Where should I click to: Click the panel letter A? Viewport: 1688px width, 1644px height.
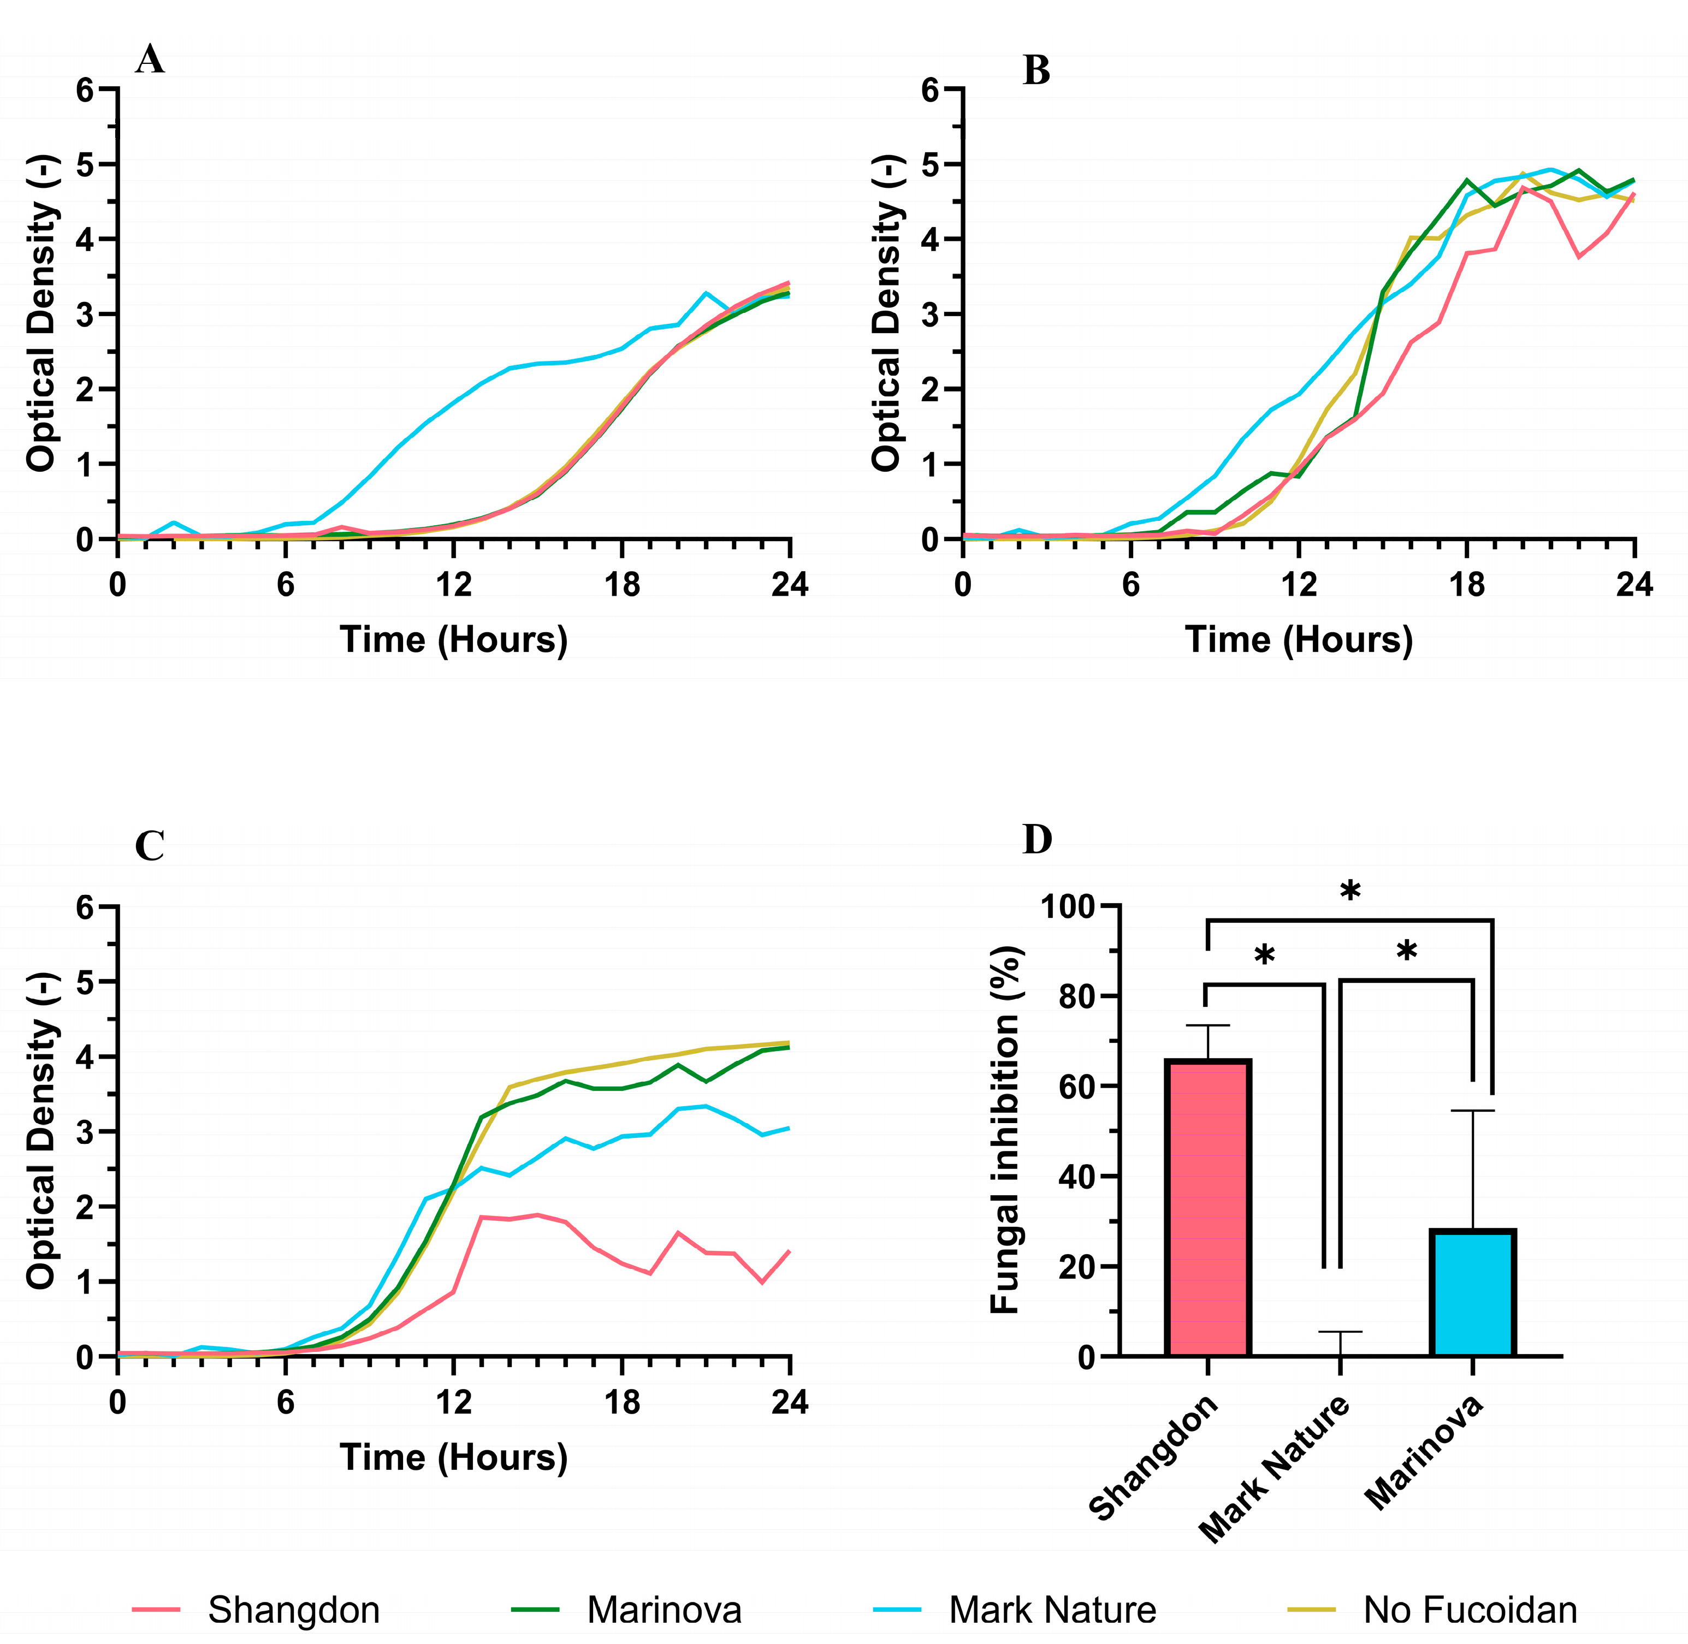tap(150, 61)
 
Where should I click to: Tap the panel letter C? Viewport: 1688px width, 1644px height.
tap(150, 847)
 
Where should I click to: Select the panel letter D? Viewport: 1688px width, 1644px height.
tap(1037, 839)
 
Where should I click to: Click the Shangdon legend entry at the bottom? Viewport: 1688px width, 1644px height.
tap(257, 1610)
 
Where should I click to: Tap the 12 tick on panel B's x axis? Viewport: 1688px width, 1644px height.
tap(1299, 585)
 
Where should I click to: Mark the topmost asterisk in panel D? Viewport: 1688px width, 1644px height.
tap(1349, 893)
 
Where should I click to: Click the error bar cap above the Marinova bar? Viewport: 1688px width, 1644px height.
tap(1473, 1111)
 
